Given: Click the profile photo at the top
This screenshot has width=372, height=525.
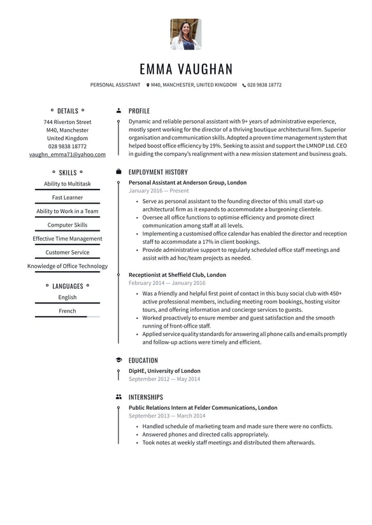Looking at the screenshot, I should point(186,34).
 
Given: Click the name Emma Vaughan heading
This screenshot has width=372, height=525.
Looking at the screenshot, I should point(186,69).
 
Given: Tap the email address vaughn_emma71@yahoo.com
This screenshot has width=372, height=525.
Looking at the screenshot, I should point(68,154).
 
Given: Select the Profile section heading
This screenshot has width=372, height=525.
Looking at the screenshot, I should point(139,111).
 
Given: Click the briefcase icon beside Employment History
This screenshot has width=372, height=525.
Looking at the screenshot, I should point(118,172).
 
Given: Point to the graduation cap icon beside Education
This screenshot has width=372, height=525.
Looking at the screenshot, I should point(118,360).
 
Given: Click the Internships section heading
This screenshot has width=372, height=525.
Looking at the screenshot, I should point(145,397).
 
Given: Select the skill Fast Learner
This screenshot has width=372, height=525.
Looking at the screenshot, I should point(68,197).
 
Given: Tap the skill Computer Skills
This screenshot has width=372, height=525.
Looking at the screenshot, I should point(68,225).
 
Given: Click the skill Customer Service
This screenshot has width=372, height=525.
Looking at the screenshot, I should point(68,252).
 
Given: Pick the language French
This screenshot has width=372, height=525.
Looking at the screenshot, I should point(68,311).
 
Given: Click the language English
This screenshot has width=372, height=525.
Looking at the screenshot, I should point(68,297).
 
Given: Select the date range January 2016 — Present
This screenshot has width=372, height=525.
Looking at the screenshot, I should point(159,190).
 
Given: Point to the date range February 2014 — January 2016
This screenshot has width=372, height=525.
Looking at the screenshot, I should point(167,283).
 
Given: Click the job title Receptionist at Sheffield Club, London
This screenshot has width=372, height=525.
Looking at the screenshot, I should point(177,275).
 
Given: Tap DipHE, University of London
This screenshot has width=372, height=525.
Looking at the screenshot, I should point(164,371).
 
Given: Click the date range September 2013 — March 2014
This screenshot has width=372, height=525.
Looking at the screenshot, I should point(167,416).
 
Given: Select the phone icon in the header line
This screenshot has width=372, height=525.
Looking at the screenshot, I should point(244,85).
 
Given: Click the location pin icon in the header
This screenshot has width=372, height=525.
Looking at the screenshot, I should point(148,85).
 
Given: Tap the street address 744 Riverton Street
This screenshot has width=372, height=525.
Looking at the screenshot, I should point(68,122).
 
